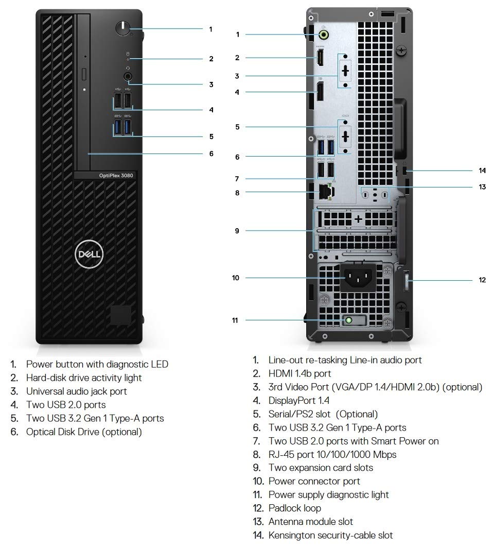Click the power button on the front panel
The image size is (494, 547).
pos(123,28)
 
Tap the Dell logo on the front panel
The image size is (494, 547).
pos(90,254)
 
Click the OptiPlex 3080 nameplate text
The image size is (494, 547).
pos(116,176)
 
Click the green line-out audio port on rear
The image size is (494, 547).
pos(324,35)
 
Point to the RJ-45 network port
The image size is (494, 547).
pos(325,192)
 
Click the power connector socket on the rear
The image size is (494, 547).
pos(358,279)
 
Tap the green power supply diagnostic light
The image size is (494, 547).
pos(349,320)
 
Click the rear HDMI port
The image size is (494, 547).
pos(320,58)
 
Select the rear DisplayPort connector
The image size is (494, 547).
pos(320,93)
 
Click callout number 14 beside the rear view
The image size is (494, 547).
pos(482,170)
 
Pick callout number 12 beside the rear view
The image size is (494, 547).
pos(482,280)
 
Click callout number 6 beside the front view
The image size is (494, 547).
pos(211,153)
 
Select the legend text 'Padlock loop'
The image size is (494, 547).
pos(294,508)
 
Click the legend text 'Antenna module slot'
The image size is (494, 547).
pos(310,521)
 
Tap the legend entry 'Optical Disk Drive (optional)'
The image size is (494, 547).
pos(84,432)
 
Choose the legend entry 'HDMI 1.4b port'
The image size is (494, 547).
pos(299,373)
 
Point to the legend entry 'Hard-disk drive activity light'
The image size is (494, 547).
pos(84,378)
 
